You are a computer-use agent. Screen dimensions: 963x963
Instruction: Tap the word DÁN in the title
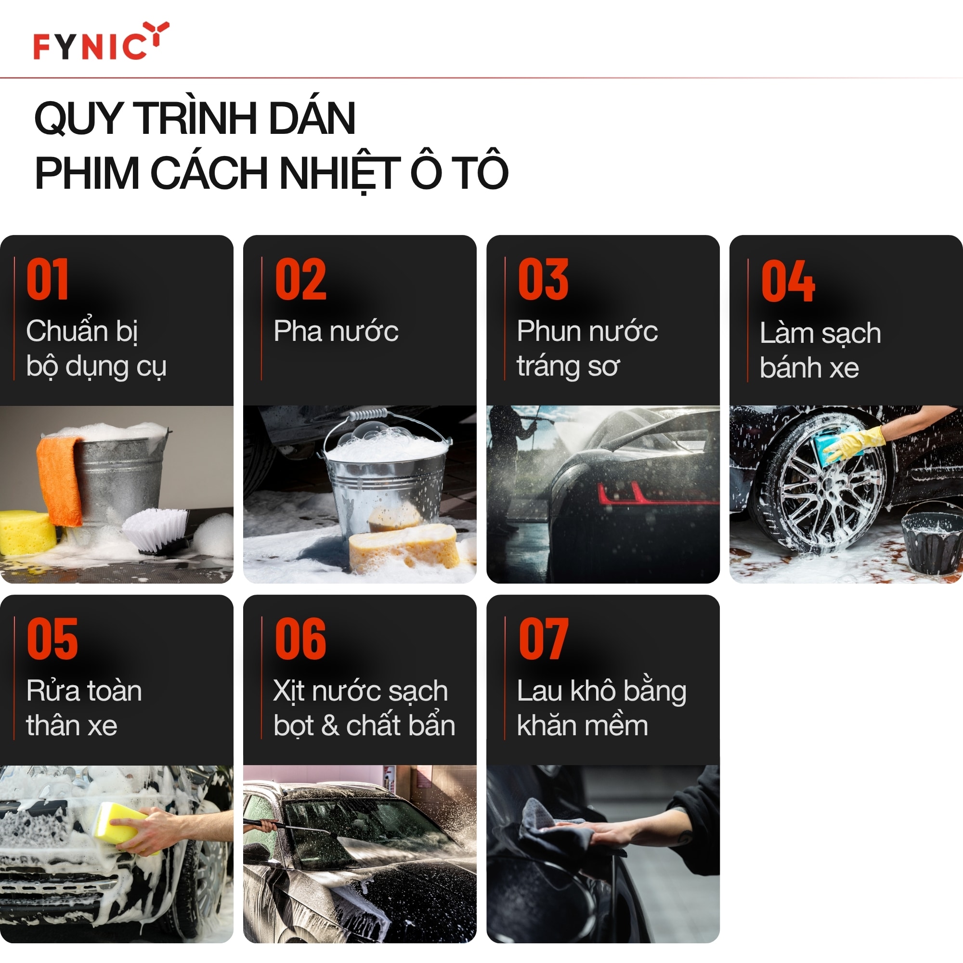tap(312, 119)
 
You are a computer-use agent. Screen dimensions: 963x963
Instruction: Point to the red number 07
tap(543, 638)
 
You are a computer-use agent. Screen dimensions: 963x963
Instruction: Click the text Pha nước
tap(336, 331)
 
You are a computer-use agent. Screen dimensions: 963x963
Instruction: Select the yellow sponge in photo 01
tap(25, 533)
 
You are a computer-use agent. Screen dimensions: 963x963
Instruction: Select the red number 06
tap(300, 638)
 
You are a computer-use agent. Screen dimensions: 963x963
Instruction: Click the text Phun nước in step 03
tap(587, 331)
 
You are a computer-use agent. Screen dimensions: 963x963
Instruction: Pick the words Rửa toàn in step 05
tap(84, 691)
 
